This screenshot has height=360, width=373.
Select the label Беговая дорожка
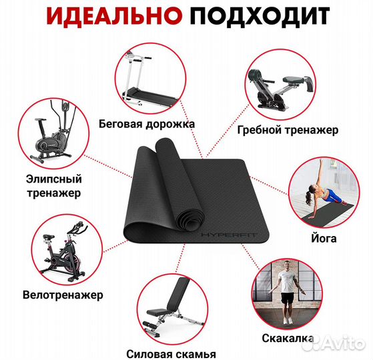(x=146, y=124)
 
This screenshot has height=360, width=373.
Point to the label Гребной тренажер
(x=288, y=129)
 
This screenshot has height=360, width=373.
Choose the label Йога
(x=325, y=239)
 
